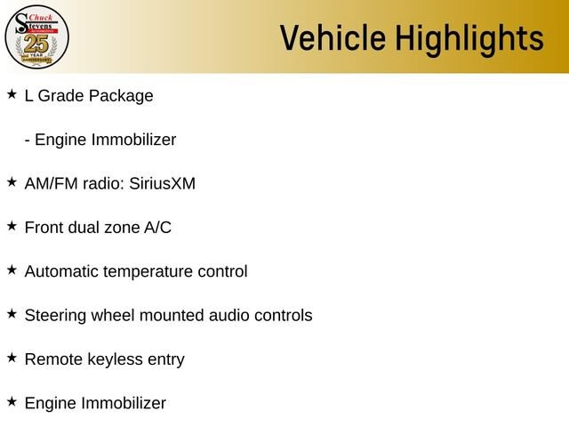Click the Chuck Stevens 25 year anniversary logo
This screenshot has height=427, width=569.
pos(36,36)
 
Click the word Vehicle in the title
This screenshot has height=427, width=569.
pos(333,37)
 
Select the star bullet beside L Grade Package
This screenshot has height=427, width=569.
pos(12,94)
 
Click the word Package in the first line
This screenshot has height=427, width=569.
pos(121,97)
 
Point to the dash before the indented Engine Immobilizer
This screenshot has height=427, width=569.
pos(28,141)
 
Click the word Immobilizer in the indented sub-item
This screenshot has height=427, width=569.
pos(133,140)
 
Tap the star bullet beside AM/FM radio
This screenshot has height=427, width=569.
pos(12,181)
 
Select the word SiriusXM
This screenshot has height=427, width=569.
pos(162,183)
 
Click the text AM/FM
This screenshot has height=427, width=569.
pos(52,183)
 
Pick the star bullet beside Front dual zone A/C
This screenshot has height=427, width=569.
pos(12,226)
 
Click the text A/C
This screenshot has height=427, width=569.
pos(158,228)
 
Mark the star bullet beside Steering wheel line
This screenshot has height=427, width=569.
pos(12,314)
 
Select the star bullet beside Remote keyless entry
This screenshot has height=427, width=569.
pos(12,358)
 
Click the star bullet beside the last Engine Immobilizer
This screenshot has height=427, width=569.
pos(12,401)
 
